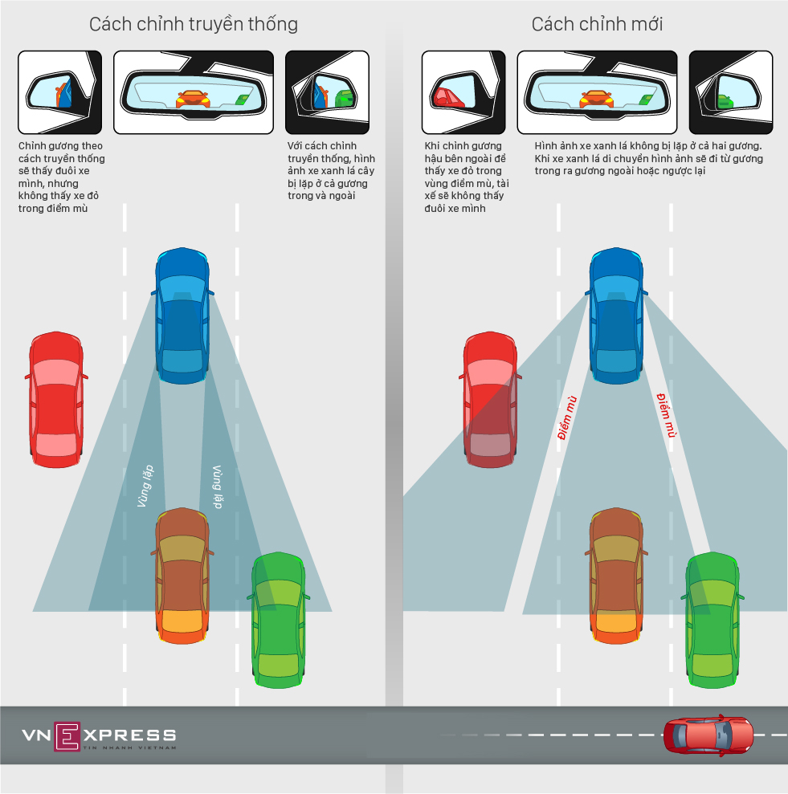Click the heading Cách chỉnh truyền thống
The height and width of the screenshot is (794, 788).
pos(193,24)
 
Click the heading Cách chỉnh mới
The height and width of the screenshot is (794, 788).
pos(597,24)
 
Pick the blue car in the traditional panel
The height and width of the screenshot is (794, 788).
pos(184,316)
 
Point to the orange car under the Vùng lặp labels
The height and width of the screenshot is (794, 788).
pos(182,576)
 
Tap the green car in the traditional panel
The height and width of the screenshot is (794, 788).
pos(279,619)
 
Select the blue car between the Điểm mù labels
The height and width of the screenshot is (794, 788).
pos(617,316)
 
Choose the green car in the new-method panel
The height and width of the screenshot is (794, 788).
pos(712,619)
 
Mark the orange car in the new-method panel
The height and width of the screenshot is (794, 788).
pos(616,576)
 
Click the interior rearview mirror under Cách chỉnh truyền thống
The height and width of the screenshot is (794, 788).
pos(193,92)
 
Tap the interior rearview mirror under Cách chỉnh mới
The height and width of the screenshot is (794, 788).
pos(596,92)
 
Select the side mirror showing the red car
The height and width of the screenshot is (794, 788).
pos(463,92)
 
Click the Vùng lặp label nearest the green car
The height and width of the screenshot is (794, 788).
pos(216,487)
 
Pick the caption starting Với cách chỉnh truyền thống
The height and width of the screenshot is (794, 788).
pos(331,171)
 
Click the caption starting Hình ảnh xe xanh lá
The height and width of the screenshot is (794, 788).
pos(649,159)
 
